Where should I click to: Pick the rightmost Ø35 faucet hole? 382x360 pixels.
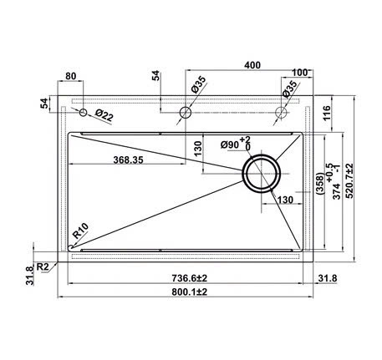283,112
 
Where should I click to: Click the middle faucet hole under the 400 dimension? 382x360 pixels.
186,112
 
